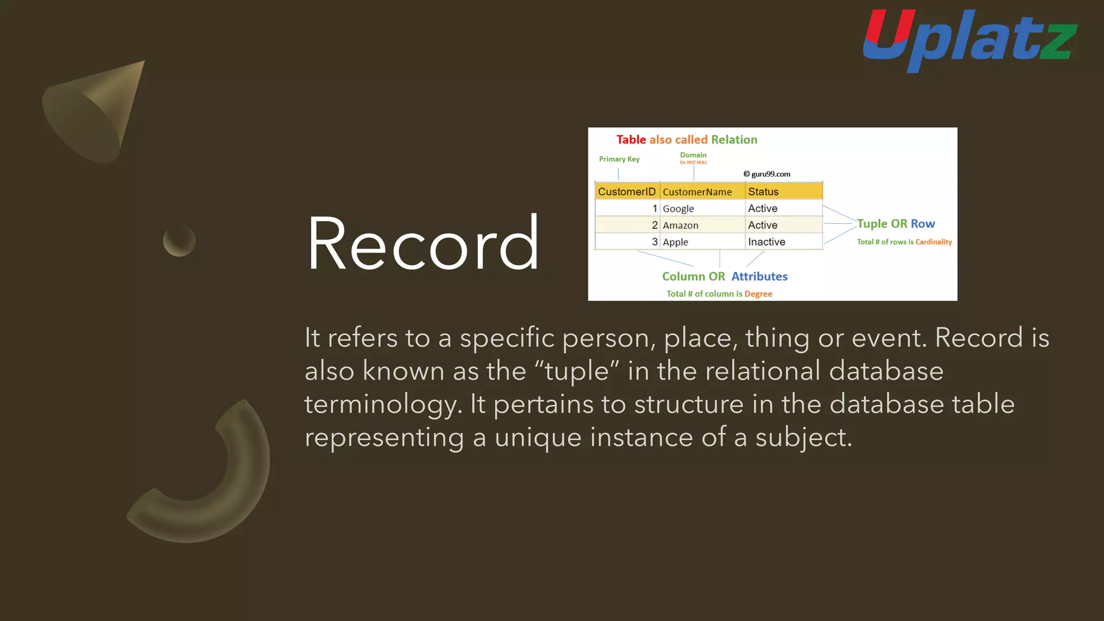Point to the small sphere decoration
click(x=179, y=240)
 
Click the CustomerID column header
click(x=626, y=192)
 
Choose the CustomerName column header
click(x=697, y=192)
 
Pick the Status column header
click(x=763, y=192)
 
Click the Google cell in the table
click(x=678, y=209)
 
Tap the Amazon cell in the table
click(x=680, y=225)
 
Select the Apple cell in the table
click(x=675, y=242)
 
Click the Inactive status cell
click(x=767, y=242)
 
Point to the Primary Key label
click(x=619, y=159)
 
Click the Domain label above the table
click(x=693, y=155)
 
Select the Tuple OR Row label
click(x=895, y=224)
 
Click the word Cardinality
click(x=933, y=242)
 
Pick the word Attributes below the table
click(x=759, y=277)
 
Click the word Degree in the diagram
click(x=758, y=294)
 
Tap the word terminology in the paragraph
click(x=383, y=404)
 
